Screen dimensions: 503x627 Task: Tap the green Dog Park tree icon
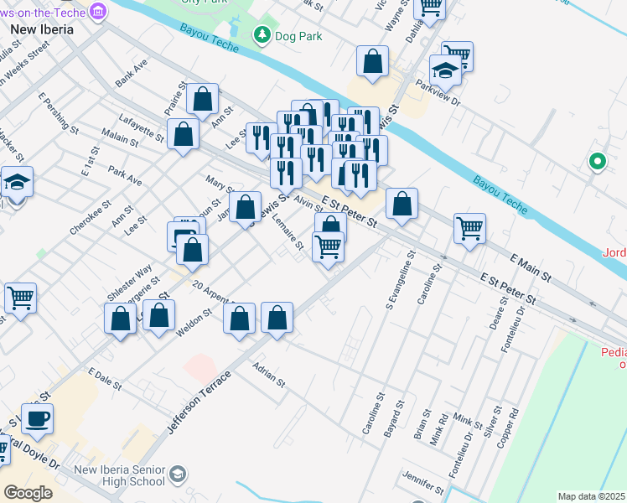(x=263, y=34)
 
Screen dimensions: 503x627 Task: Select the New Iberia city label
(x=41, y=29)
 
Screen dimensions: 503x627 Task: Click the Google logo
(x=28, y=493)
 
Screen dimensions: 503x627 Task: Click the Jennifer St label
(x=422, y=482)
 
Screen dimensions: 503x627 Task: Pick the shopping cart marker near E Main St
(x=469, y=228)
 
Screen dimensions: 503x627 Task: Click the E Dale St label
(x=104, y=378)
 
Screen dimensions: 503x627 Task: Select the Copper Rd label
(x=511, y=427)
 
